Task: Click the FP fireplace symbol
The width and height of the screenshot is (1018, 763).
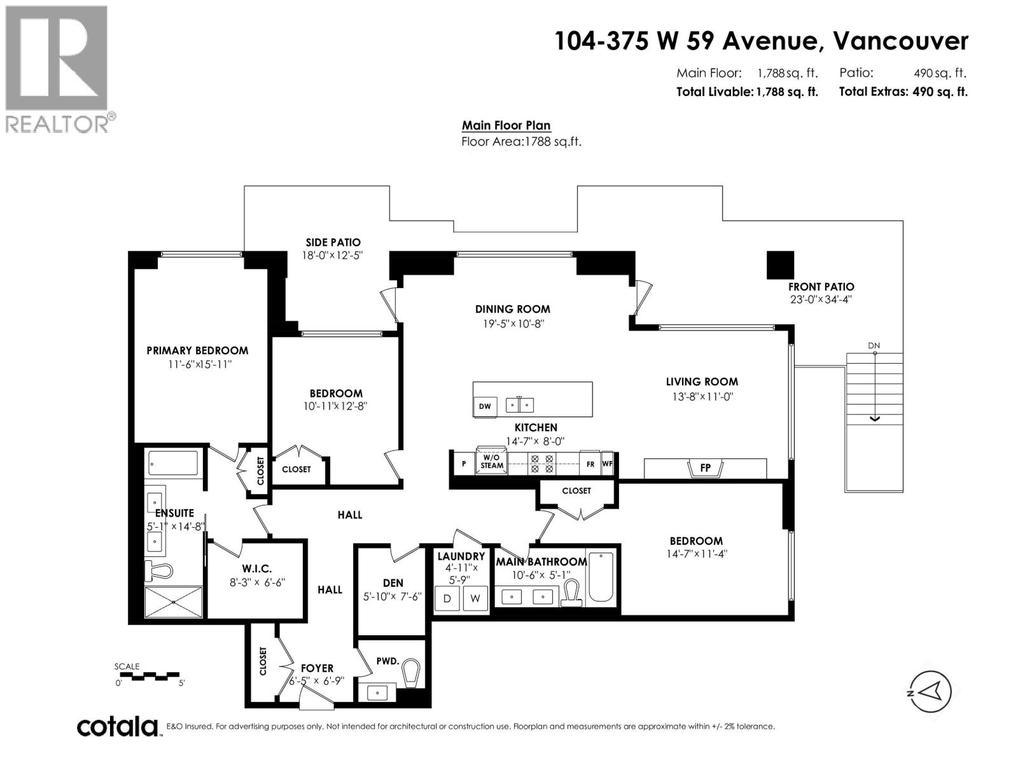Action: (x=705, y=469)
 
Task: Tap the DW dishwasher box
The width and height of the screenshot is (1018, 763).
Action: (x=485, y=406)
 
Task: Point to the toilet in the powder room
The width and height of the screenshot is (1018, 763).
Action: (x=412, y=673)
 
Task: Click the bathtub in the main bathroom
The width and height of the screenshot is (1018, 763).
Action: (x=600, y=577)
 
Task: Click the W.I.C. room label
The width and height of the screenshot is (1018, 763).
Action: (x=256, y=568)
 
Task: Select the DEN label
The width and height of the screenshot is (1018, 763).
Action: (x=393, y=582)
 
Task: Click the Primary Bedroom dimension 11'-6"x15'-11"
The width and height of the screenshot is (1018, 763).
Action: (x=197, y=364)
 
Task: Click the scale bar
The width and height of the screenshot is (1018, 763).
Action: (x=150, y=675)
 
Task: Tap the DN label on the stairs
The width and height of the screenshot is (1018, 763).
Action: (x=874, y=346)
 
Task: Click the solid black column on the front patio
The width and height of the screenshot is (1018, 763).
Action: (x=780, y=265)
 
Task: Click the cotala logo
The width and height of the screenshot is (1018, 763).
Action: (x=117, y=726)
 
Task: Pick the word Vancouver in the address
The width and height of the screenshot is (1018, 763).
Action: (x=900, y=41)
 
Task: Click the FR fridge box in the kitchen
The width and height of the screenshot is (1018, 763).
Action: (x=590, y=464)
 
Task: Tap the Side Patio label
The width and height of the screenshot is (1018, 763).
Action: (x=333, y=242)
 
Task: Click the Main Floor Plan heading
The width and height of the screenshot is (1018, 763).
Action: (x=506, y=125)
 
